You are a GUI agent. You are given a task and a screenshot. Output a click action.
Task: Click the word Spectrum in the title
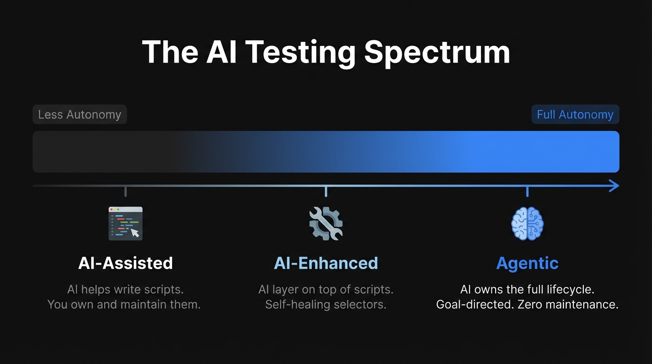pos(437,52)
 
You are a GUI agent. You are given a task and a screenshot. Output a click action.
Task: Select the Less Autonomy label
pos(80,115)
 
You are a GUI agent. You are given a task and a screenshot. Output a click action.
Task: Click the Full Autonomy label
pos(575,115)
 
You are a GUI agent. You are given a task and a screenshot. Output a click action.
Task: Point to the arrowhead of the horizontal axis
pos(615,186)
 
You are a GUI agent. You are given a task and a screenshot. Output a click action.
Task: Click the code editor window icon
pos(126,223)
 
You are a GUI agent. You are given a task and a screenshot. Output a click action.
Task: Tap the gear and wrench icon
pos(326,223)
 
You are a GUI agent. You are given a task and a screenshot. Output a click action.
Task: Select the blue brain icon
pos(527,223)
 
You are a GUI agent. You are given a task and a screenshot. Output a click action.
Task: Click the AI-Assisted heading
pos(126,263)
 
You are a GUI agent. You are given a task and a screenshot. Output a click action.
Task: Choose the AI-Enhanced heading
pos(326,263)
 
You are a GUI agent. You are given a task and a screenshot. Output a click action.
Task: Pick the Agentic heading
pos(527,263)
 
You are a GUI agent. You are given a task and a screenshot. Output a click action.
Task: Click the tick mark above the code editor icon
pos(126,191)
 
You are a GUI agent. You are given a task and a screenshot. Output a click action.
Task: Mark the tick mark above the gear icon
pos(326,191)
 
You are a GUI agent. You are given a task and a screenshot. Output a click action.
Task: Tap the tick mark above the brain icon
pos(527,191)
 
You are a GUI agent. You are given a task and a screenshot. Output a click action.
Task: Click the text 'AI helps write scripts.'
pos(126,289)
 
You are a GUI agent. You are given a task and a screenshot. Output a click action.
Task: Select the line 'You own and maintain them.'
pos(124,304)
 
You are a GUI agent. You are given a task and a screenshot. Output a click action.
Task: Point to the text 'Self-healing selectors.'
pos(326,304)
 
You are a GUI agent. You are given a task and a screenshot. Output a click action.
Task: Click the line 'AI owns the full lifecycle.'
pos(527,289)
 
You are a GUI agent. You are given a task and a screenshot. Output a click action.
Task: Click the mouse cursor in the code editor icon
pos(135,233)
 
